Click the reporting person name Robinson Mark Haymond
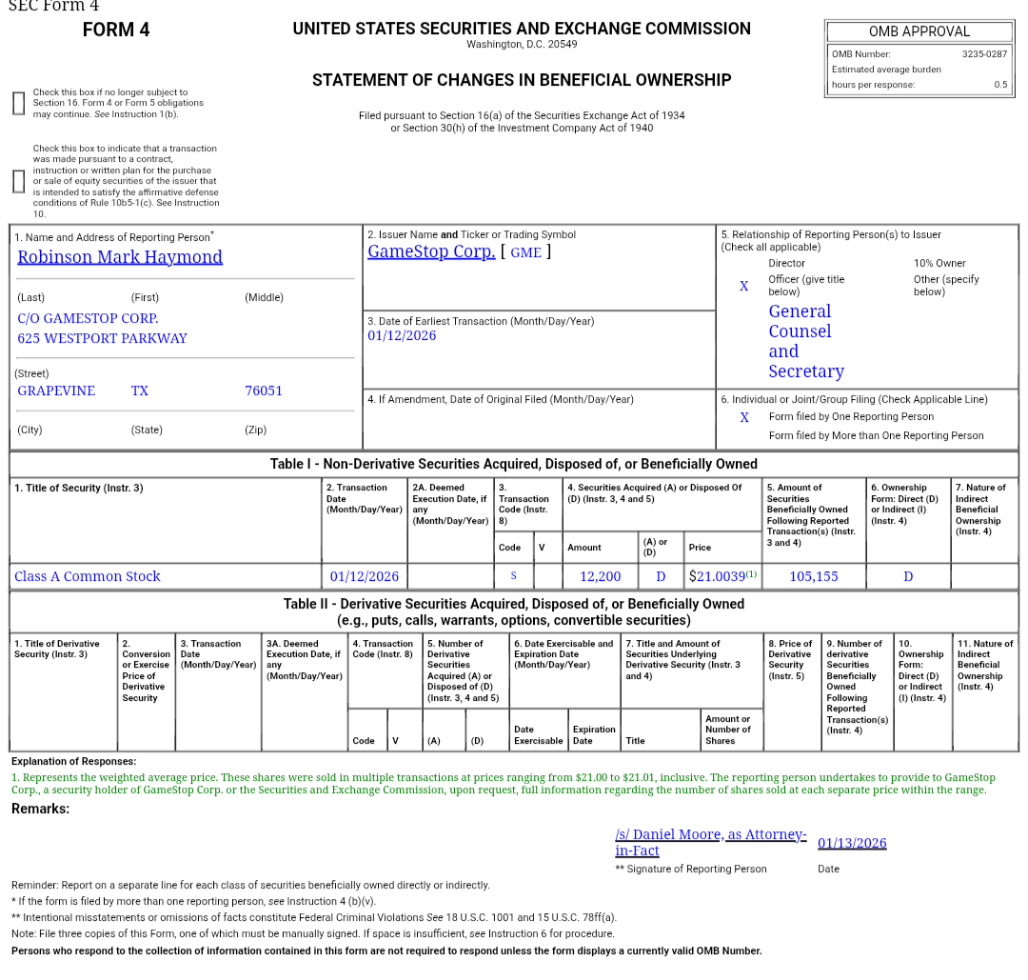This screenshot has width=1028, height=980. [x=120, y=257]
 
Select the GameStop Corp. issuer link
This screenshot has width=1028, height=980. [x=431, y=251]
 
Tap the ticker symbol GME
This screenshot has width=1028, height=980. [x=525, y=252]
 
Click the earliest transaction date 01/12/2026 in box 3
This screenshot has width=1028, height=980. [x=402, y=336]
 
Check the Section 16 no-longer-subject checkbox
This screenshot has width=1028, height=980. [x=18, y=103]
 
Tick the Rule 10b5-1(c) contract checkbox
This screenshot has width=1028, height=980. [x=18, y=181]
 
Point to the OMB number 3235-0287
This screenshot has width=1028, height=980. [x=983, y=54]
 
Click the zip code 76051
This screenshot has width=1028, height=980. [x=264, y=390]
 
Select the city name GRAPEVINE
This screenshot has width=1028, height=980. [x=56, y=390]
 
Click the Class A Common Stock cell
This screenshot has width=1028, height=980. [x=88, y=576]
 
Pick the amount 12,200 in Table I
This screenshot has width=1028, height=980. [x=600, y=576]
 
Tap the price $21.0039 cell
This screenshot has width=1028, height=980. [x=722, y=576]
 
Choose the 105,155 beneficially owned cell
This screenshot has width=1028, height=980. [x=814, y=576]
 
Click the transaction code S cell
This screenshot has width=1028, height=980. [x=514, y=576]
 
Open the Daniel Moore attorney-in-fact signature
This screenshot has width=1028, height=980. [x=710, y=842]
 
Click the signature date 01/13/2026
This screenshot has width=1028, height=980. [x=852, y=843]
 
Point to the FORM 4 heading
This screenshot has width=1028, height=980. [x=116, y=30]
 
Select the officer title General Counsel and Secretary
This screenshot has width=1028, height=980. [x=806, y=341]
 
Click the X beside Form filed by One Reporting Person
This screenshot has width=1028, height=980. [x=744, y=417]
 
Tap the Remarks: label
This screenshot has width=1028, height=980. [x=40, y=809]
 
